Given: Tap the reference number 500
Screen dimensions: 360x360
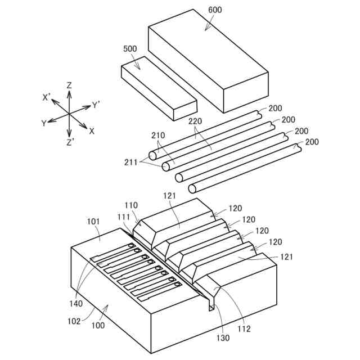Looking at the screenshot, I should pos(130,49).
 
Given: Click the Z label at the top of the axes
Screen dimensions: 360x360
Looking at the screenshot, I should pos(69,85).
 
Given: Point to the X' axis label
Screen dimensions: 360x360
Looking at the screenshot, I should pos(47,97).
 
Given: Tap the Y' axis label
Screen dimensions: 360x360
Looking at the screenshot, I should pos(96,105).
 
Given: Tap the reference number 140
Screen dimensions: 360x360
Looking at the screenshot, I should pos(76,303).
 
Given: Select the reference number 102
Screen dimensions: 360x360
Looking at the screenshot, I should pos(74,322).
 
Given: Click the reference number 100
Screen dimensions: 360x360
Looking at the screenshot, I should pos(98,325).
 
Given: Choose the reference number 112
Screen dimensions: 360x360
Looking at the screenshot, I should pos(243,328).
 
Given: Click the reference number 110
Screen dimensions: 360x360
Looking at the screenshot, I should pos(130,206).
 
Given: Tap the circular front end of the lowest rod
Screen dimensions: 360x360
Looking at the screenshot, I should pos(192,188).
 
